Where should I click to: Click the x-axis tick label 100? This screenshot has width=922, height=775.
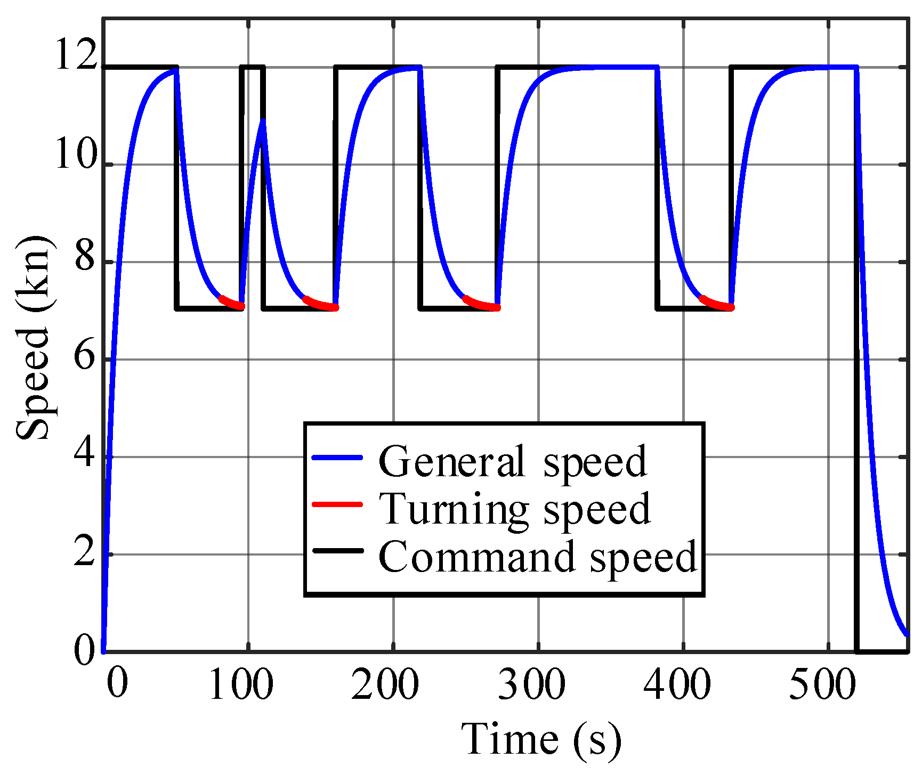tap(241, 685)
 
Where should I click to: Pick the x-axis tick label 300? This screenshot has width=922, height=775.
tap(531, 685)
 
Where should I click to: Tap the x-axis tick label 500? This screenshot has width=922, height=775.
tap(822, 685)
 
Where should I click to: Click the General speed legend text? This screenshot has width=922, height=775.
tap(512, 461)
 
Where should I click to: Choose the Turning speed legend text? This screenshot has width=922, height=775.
tap(514, 509)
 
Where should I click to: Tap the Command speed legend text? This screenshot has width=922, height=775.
tap(537, 557)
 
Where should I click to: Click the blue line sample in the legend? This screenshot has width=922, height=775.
tap(337, 458)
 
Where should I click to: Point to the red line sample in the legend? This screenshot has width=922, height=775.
tap(337, 504)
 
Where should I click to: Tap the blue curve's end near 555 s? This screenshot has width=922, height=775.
tap(906, 633)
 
